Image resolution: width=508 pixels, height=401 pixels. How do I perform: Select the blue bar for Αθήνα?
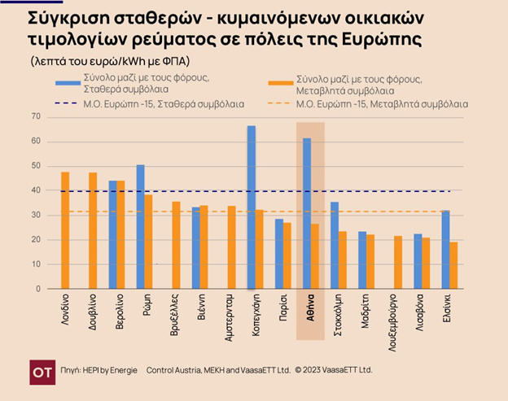[x=307, y=213]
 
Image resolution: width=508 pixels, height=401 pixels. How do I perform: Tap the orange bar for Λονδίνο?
[x=65, y=230]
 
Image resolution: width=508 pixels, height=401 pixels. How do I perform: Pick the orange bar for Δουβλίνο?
[x=93, y=230]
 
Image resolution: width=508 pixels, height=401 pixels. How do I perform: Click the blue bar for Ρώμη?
[x=140, y=227]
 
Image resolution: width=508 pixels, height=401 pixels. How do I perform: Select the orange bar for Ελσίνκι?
[x=453, y=265]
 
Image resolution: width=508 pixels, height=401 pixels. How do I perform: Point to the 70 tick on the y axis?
[x=35, y=117]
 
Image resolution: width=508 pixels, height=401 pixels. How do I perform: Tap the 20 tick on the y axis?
[x=35, y=240]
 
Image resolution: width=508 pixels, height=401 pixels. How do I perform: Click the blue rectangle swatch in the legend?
[x=68, y=81]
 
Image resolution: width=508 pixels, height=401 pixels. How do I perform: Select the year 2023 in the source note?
[x=316, y=370]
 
